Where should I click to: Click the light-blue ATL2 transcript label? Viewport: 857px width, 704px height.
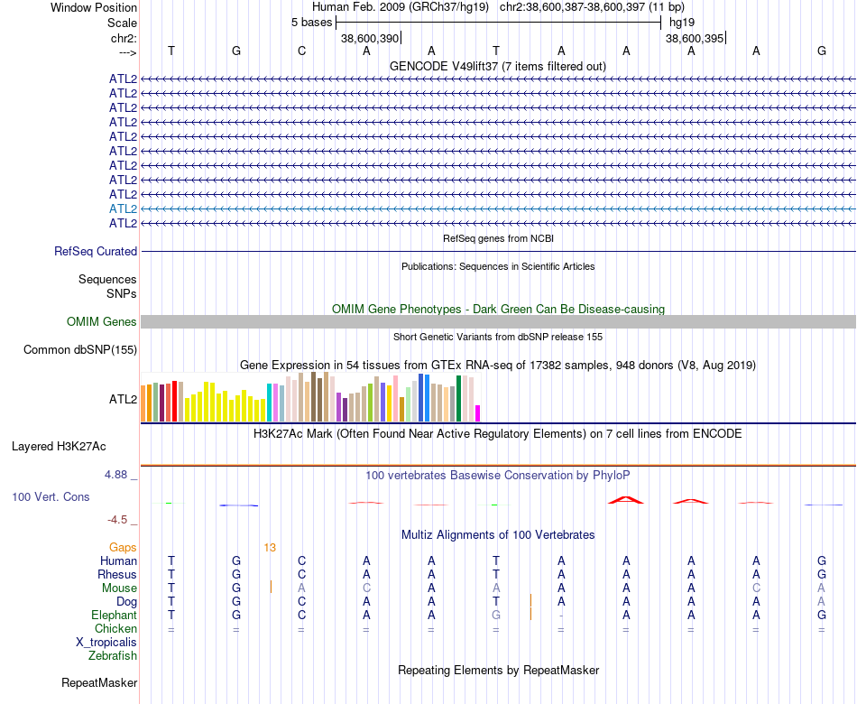pyautogui.click(x=123, y=209)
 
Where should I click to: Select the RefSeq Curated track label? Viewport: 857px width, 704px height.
pyautogui.click(x=96, y=251)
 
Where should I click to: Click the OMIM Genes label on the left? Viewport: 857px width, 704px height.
pyautogui.click(x=102, y=321)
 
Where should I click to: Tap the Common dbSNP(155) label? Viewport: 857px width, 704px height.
pyautogui.click(x=80, y=349)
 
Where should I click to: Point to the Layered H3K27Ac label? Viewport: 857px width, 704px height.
pyautogui.click(x=59, y=447)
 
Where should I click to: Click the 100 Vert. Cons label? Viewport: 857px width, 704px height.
pyautogui.click(x=51, y=496)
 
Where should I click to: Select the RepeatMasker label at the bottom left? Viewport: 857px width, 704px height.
pyautogui.click(x=99, y=682)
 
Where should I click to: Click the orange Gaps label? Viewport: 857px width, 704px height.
pyautogui.click(x=123, y=548)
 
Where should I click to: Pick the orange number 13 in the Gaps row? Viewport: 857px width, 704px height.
pyautogui.click(x=270, y=548)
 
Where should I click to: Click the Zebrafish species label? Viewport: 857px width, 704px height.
pyautogui.click(x=113, y=655)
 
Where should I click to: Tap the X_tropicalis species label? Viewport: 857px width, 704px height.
pyautogui.click(x=106, y=643)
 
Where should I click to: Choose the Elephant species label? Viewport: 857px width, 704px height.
pyautogui.click(x=115, y=615)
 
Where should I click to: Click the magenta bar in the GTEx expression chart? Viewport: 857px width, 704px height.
pyautogui.click(x=478, y=413)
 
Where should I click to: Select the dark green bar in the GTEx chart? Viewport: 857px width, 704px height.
pyautogui.click(x=459, y=398)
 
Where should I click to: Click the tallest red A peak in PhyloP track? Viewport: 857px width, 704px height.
pyautogui.click(x=626, y=500)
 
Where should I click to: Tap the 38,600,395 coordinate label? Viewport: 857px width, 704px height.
pyautogui.click(x=695, y=38)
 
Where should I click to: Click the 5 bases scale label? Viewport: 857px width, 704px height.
pyautogui.click(x=311, y=23)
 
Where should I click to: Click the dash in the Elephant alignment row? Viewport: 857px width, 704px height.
pyautogui.click(x=561, y=616)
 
